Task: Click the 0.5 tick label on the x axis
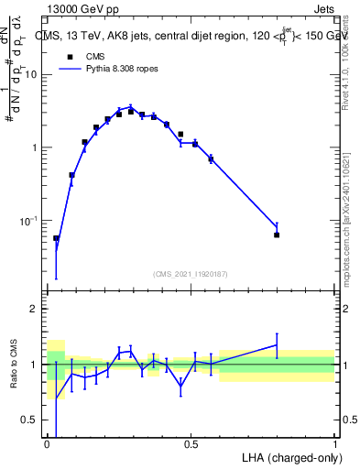[191, 444]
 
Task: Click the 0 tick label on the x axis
[48, 444]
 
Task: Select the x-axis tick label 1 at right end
[334, 444]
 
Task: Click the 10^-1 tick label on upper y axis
[30, 221]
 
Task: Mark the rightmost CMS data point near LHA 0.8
[277, 235]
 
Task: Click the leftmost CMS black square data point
[56, 238]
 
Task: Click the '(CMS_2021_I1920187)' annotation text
[190, 273]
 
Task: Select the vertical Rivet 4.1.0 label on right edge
[351, 73]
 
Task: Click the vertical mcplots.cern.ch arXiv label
[351, 211]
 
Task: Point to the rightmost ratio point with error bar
[277, 345]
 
